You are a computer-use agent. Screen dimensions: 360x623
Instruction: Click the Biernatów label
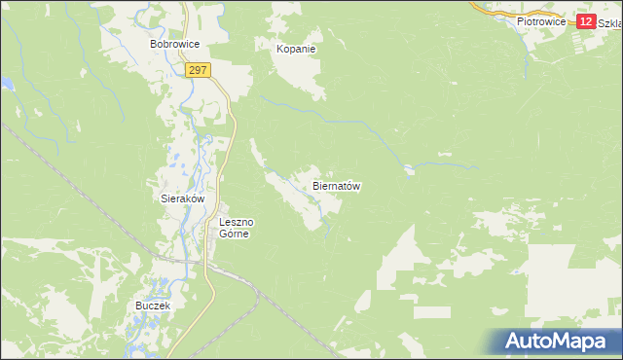tap(337, 185)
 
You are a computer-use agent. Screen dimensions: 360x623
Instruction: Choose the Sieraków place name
tap(182, 198)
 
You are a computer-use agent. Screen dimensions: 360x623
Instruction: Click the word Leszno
tap(236, 222)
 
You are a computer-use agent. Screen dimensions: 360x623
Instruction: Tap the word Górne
tap(236, 234)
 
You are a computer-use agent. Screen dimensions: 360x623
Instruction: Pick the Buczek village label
tap(153, 306)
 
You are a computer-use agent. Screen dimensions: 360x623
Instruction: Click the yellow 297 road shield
tap(198, 71)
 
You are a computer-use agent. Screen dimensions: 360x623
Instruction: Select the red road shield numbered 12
tap(585, 21)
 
